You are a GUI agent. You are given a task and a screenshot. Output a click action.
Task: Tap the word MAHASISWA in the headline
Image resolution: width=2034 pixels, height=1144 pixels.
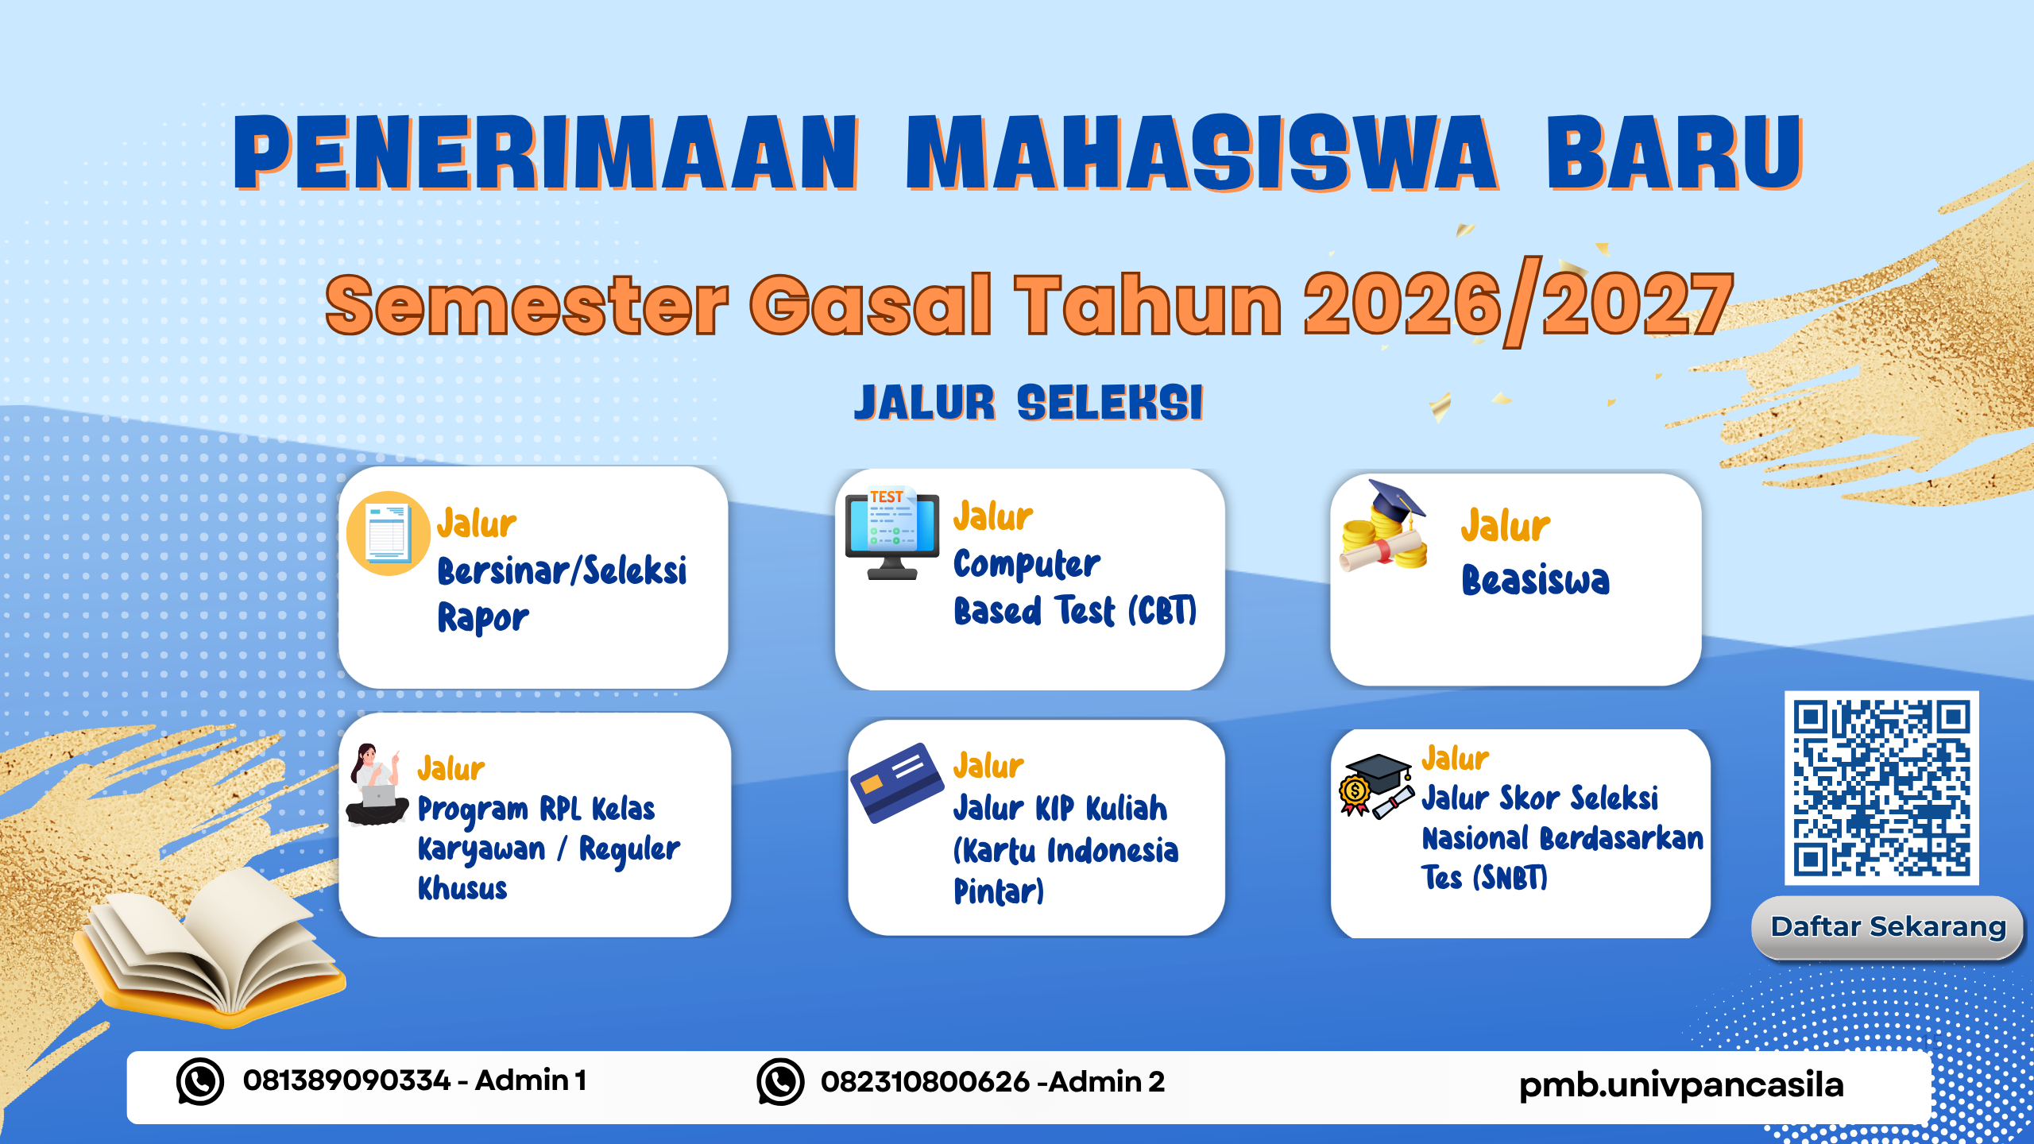[x=1201, y=153]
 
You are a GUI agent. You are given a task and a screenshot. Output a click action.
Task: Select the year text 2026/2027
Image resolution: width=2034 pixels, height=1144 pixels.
[x=1518, y=304]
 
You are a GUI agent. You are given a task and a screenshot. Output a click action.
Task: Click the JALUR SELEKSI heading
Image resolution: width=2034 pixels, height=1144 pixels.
[x=1029, y=403]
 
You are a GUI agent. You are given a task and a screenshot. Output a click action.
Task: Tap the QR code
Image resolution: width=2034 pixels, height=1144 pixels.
[x=1881, y=788]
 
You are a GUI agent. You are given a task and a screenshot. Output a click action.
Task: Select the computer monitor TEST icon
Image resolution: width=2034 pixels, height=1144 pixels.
[x=892, y=533]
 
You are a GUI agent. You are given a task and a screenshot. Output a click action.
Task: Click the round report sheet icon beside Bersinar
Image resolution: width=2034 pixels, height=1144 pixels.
[x=389, y=533]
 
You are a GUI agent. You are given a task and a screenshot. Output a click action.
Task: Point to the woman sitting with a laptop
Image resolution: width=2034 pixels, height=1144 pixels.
[x=377, y=785]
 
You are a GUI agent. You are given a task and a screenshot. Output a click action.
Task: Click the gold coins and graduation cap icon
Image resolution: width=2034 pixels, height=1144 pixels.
[x=1383, y=525]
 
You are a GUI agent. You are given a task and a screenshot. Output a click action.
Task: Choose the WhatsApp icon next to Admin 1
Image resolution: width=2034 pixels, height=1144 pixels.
[x=199, y=1081]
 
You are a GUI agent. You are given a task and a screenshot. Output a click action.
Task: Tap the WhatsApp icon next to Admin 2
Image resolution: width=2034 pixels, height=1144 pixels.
[x=780, y=1081]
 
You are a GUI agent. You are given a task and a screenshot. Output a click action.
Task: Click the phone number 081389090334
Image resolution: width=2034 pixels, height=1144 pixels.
[x=347, y=1080]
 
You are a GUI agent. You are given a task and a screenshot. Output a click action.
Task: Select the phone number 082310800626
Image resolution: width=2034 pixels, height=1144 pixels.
[x=926, y=1081]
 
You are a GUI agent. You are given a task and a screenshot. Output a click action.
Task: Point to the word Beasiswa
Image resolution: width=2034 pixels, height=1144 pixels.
[x=1535, y=579]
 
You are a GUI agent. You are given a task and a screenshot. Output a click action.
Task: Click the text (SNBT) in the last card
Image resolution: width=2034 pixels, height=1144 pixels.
[x=1510, y=878]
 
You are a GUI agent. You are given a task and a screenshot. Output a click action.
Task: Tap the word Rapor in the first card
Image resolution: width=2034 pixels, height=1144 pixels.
[x=483, y=618]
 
